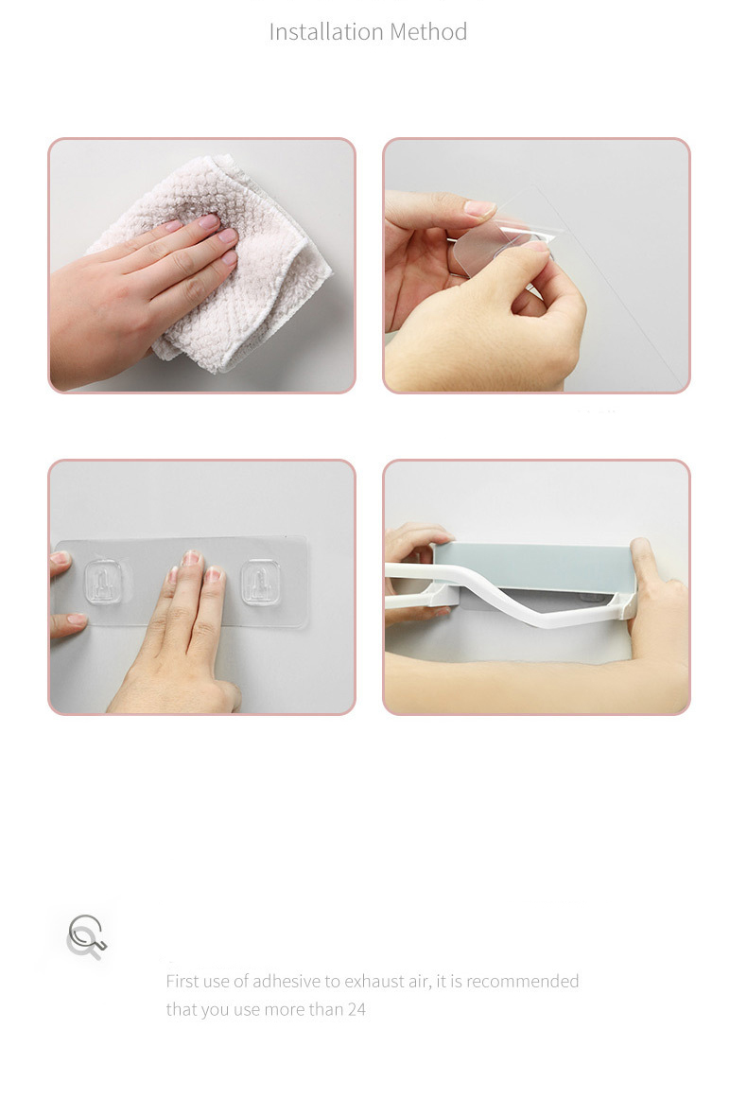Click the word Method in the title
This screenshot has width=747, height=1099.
pyautogui.click(x=428, y=31)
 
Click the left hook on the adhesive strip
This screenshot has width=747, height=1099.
pyautogui.click(x=104, y=582)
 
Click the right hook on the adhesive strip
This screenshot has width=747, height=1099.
pyautogui.click(x=260, y=583)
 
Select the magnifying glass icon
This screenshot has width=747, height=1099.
pyautogui.click(x=87, y=936)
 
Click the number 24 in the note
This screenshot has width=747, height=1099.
pyautogui.click(x=356, y=1009)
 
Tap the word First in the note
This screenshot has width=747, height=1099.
pyautogui.click(x=182, y=982)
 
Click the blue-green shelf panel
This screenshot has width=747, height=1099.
pyautogui.click(x=535, y=567)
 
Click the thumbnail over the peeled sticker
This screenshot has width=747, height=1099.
pyautogui.click(x=479, y=208)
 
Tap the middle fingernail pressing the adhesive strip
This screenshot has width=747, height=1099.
pyautogui.click(x=191, y=559)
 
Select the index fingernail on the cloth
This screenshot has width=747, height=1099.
pyautogui.click(x=208, y=221)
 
